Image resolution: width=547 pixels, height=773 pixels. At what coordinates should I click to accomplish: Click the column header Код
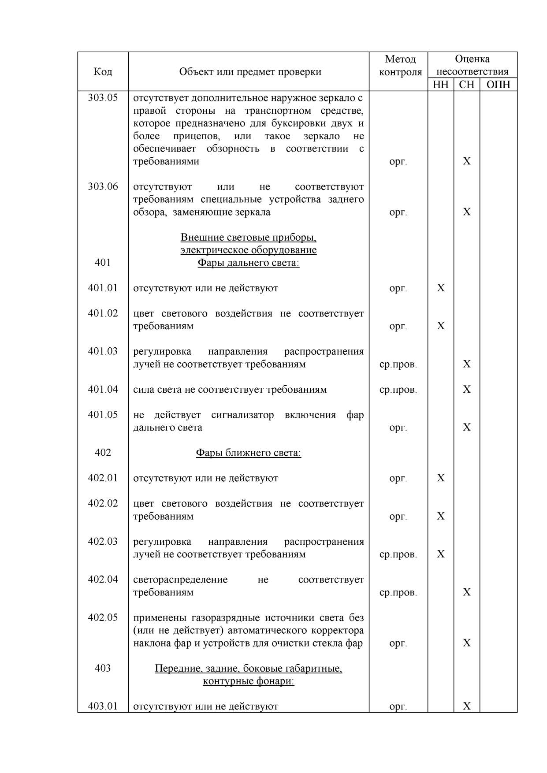103,72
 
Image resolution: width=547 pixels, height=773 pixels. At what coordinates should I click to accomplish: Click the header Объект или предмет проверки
250,72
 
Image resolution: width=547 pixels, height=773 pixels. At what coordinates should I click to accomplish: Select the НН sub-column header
440,85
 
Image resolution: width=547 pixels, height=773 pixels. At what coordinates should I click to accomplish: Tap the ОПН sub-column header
498,85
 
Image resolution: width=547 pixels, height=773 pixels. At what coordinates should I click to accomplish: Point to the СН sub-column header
466,85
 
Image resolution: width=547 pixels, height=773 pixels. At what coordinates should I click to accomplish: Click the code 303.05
103,98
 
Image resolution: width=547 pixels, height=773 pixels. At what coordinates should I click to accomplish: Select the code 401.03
103,351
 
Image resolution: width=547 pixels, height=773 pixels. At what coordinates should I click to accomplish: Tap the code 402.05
103,617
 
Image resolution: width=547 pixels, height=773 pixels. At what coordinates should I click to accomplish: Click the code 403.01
103,706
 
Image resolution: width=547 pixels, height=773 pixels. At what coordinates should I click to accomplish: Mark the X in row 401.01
440,288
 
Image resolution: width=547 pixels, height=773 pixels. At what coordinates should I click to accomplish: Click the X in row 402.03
440,554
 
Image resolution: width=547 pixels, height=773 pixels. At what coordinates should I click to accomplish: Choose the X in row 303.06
466,212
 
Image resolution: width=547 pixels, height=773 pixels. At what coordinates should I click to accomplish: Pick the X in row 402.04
466,592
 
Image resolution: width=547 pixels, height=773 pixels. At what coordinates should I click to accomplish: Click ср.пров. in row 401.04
398,390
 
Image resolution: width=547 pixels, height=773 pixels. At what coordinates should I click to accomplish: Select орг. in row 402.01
398,479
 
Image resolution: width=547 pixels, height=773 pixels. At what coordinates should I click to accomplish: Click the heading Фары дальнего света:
248,263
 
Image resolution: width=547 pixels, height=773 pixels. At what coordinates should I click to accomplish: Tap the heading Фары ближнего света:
248,453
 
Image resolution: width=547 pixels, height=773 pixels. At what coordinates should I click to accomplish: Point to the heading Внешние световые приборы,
248,238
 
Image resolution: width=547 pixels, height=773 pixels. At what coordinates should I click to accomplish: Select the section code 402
103,453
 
